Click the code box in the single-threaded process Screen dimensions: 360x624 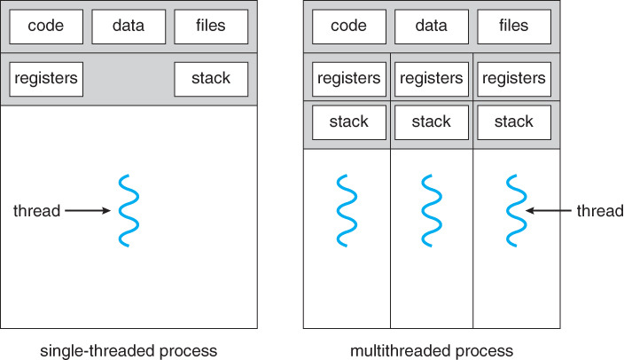(x=45, y=27)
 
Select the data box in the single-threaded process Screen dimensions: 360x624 (x=129, y=27)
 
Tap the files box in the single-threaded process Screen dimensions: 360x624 (x=211, y=27)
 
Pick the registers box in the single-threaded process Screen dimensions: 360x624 (x=45, y=79)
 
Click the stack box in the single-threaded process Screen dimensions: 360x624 (x=211, y=79)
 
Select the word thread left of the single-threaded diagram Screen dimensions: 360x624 (x=36, y=211)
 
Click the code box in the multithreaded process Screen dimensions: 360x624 (x=348, y=27)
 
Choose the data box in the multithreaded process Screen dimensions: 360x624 (x=432, y=27)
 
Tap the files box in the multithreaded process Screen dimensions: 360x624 (x=515, y=27)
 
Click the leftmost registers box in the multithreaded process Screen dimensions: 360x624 (x=348, y=79)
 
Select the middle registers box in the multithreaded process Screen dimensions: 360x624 (x=432, y=79)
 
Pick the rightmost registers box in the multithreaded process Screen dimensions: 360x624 (x=515, y=79)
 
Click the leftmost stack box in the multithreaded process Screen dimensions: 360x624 (x=348, y=121)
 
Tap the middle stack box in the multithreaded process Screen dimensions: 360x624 (x=432, y=121)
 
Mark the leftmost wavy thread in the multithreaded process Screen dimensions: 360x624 (x=347, y=211)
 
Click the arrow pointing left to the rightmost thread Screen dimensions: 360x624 (x=548, y=211)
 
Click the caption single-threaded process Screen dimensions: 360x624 (x=129, y=350)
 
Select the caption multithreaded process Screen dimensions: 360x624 (x=432, y=350)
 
